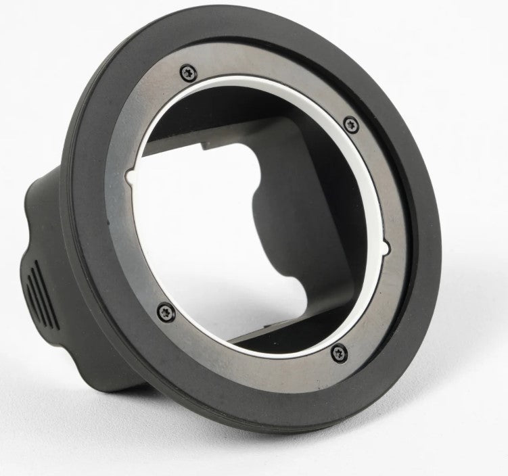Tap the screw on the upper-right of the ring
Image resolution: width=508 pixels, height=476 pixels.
tap(350, 124)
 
